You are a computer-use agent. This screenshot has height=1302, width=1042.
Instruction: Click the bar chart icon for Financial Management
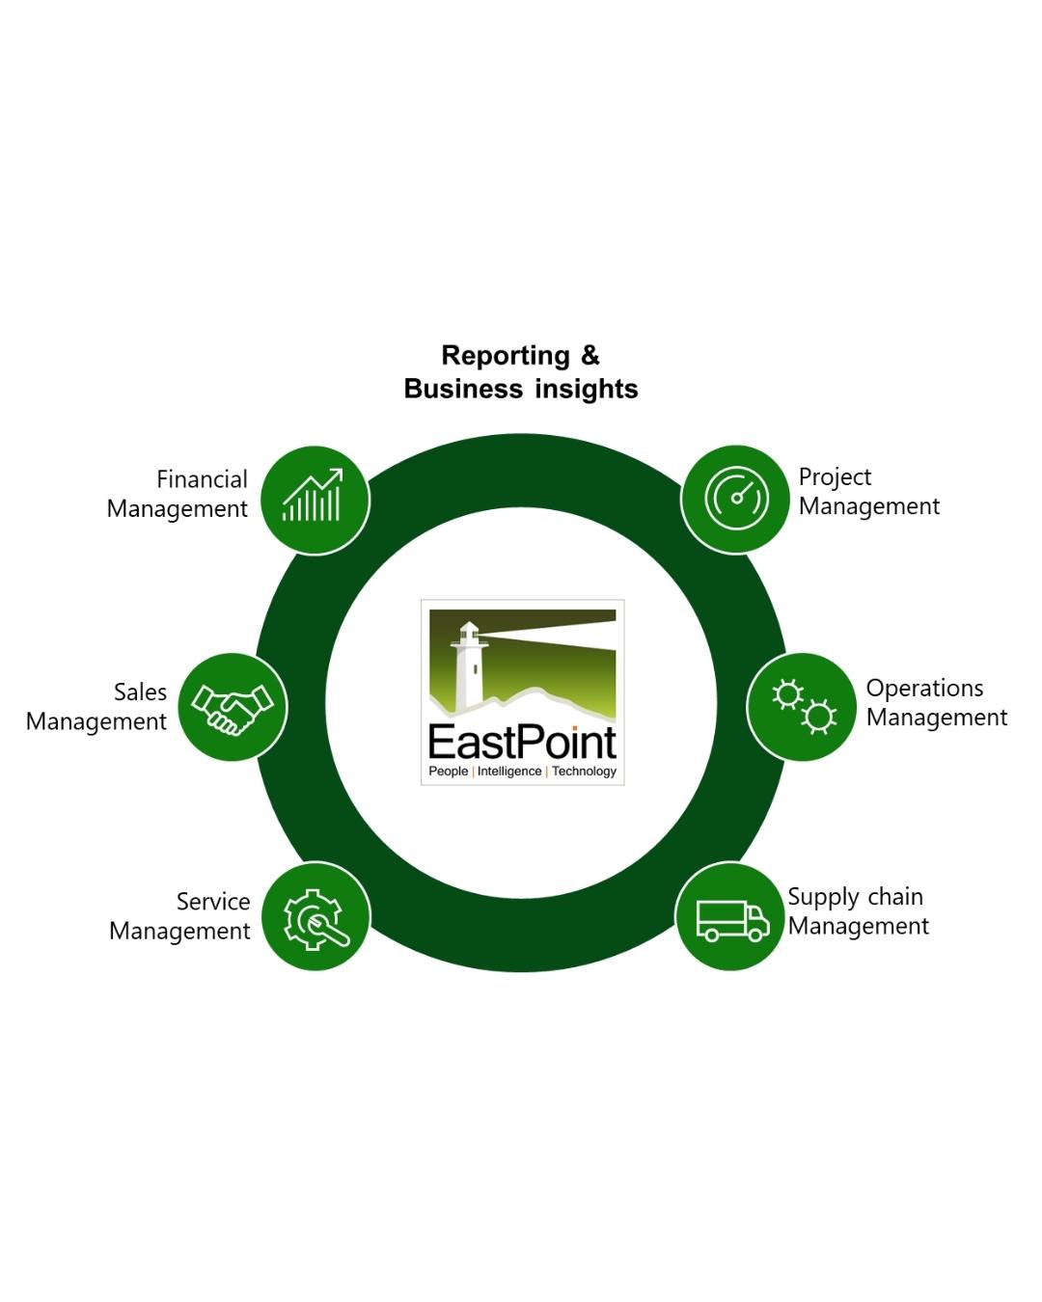tap(313, 497)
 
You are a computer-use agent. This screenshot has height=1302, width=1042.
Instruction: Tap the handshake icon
tap(233, 708)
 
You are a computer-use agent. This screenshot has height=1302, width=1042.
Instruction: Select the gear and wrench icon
tap(315, 917)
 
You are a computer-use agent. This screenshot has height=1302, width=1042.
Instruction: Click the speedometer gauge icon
tap(736, 499)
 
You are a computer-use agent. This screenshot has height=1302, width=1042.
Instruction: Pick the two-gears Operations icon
tap(803, 706)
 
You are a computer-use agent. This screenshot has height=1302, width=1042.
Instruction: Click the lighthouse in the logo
tap(470, 665)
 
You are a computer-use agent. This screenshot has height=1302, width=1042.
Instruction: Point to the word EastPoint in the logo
tap(522, 742)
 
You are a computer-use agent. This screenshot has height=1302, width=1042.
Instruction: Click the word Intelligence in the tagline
tap(509, 772)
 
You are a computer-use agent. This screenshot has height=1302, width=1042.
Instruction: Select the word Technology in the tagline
tap(584, 772)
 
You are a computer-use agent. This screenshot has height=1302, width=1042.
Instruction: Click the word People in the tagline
tap(449, 772)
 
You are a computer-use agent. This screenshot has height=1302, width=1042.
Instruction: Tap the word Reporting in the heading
tap(506, 356)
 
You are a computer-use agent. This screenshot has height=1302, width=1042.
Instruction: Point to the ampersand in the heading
tap(590, 356)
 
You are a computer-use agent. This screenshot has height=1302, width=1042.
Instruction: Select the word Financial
tap(202, 479)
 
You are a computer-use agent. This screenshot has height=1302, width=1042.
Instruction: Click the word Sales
tap(140, 692)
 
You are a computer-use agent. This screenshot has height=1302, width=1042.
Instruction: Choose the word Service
tap(213, 902)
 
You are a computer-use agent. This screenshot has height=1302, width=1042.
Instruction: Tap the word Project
tap(835, 477)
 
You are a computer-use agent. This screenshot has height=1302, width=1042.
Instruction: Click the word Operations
tap(924, 689)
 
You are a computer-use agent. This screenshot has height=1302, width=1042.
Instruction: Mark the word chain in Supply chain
tap(895, 897)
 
